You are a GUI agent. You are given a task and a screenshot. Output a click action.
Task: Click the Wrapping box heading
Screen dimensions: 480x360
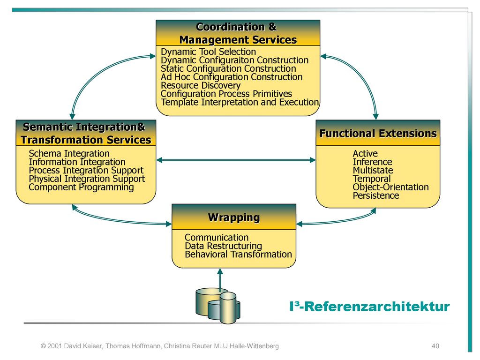(234, 217)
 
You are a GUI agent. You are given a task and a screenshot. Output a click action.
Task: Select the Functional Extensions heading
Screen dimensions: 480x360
(378, 134)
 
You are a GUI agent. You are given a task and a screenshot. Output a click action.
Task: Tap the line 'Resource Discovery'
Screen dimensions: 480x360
(201, 85)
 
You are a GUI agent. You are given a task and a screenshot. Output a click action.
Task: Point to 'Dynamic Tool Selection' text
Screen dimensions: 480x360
(208, 52)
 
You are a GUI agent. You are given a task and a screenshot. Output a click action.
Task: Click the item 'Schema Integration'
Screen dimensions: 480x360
(69, 153)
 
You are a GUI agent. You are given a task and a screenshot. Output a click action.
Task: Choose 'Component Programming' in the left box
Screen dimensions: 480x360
(81, 187)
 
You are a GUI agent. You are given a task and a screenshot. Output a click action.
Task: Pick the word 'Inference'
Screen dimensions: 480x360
(372, 162)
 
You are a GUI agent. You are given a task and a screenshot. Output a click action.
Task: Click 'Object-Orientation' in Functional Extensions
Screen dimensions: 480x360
(390, 187)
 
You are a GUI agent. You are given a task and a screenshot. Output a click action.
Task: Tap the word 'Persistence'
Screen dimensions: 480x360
(375, 195)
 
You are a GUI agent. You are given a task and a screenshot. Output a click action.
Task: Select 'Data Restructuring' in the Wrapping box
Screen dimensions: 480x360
(223, 246)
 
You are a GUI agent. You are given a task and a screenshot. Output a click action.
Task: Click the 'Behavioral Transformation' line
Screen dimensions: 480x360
(238, 254)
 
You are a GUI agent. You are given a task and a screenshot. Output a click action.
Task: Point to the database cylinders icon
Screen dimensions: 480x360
(217, 306)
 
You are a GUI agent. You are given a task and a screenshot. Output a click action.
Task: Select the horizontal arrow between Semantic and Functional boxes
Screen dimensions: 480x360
(236, 160)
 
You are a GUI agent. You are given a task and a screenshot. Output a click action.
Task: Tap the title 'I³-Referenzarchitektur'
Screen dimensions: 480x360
(369, 307)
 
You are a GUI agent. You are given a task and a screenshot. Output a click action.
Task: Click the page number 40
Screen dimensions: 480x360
(435, 346)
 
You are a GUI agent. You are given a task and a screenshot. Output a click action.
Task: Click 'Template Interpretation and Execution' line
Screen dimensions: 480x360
(240, 102)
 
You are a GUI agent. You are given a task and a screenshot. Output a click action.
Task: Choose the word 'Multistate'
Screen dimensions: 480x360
(373, 170)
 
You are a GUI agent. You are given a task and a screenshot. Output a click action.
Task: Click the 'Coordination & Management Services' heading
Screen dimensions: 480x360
(238, 33)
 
